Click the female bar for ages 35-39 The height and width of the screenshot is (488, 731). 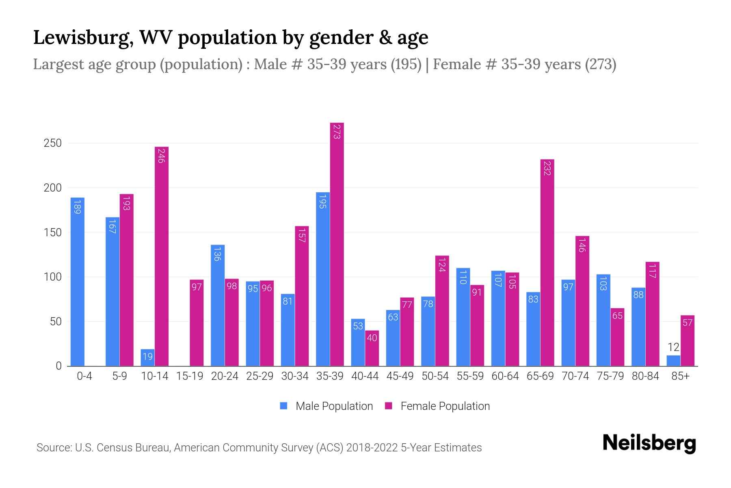pyautogui.click(x=337, y=244)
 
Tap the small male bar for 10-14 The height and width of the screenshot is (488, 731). pyautogui.click(x=147, y=357)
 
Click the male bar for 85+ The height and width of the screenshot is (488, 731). pyautogui.click(x=673, y=361)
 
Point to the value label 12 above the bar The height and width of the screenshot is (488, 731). pyautogui.click(x=673, y=347)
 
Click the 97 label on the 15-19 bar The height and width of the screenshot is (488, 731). pyautogui.click(x=197, y=287)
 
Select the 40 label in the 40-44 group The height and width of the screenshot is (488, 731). pyautogui.click(x=372, y=338)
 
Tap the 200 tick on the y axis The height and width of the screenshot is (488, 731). pyautogui.click(x=52, y=188)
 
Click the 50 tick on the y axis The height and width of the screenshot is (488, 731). pyautogui.click(x=55, y=322)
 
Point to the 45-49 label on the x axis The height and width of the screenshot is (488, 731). pyautogui.click(x=400, y=376)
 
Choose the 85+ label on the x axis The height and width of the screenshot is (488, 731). pyautogui.click(x=680, y=376)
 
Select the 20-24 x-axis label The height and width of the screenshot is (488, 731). pyautogui.click(x=225, y=376)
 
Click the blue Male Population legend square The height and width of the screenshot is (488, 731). pyautogui.click(x=283, y=406)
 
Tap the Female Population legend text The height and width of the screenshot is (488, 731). pyautogui.click(x=445, y=406)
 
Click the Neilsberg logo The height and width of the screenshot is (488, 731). pyautogui.click(x=649, y=443)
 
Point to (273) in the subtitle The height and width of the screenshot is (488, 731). pyautogui.click(x=600, y=64)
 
